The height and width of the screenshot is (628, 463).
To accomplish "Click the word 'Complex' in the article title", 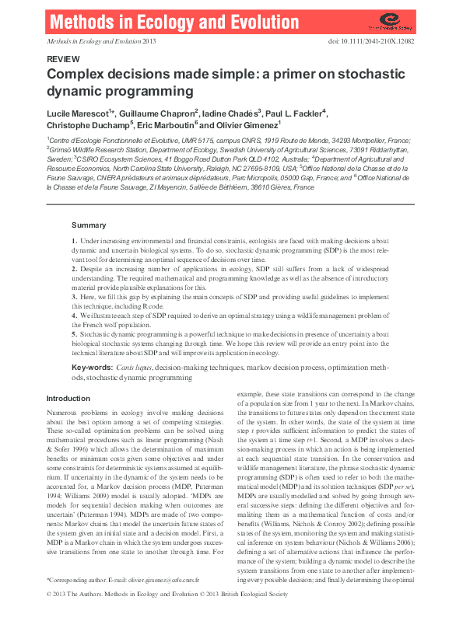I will point(77,75).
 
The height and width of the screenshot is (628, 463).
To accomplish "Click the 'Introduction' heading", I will point(69,397).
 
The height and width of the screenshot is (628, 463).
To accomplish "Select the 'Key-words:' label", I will point(96,366).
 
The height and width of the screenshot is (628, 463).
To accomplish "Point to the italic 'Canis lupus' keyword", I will point(139,366).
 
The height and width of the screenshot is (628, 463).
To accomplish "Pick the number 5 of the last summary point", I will point(74,332).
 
